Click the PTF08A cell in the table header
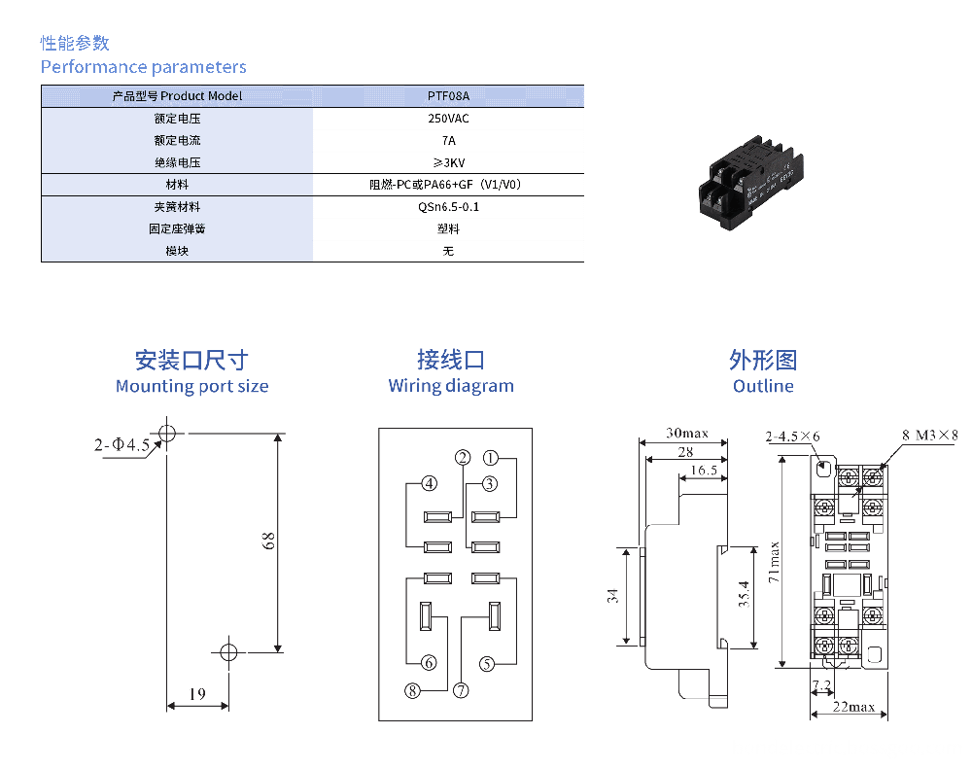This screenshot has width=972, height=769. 448,96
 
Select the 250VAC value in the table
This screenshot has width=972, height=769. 448,119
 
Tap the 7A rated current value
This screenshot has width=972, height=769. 448,141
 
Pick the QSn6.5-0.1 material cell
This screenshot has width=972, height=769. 448,207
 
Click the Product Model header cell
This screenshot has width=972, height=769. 177,96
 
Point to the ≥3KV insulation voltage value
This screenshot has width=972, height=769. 448,162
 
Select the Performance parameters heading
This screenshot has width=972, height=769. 143,67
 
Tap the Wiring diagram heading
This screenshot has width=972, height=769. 451,386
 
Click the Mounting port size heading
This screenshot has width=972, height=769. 191,386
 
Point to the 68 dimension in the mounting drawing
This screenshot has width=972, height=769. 269,541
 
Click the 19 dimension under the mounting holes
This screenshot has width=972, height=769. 197,694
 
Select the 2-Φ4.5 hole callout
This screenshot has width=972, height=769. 121,445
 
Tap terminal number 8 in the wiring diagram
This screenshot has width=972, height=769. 413,690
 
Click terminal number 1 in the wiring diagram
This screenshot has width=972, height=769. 492,457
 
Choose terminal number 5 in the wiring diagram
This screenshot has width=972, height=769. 487,663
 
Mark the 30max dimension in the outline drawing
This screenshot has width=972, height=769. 687,433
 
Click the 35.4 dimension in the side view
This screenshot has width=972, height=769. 744,594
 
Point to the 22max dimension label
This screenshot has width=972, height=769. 854,707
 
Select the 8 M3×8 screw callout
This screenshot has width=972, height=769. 929,436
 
